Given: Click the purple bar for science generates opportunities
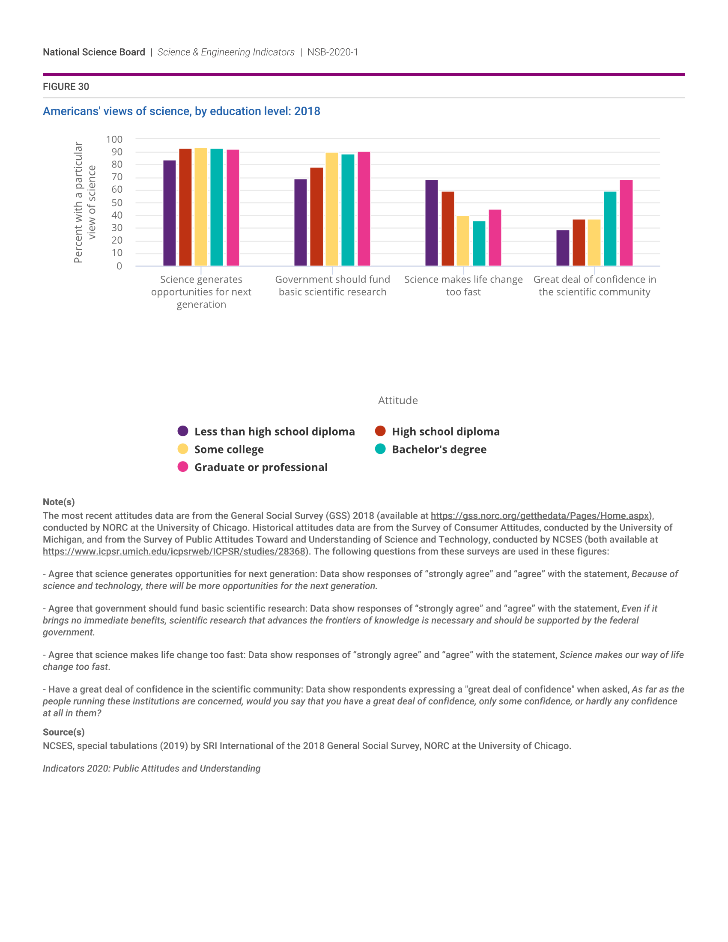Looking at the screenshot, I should coord(170,213).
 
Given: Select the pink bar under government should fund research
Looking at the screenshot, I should coord(364,209).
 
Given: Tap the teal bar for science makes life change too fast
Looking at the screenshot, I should coord(479,243).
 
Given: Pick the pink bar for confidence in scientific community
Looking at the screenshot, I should coord(626,223).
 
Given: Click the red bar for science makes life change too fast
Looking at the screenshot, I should coord(448,229).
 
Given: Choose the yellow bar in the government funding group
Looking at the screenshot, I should coord(331,209).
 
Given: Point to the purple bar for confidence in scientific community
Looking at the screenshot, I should coord(562,248).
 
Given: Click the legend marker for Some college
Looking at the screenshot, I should coord(183,449).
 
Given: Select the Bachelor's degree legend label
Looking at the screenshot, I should coord(439,450).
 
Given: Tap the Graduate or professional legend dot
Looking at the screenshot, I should coord(183,467).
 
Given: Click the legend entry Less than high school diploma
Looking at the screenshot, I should coord(274,431).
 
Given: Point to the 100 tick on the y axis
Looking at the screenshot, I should coord(114,139).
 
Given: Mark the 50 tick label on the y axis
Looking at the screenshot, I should coord(116,203).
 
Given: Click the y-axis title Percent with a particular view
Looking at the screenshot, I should coord(84,202).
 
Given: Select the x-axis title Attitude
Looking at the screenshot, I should coord(398,400).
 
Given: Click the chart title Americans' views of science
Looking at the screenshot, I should coord(181,111).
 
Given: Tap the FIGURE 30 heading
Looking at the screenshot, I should coord(66,86).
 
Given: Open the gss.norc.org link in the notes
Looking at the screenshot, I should coord(540,516).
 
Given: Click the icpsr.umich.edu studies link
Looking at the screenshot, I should coord(174,551).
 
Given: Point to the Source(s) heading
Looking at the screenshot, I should coord(63,732).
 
